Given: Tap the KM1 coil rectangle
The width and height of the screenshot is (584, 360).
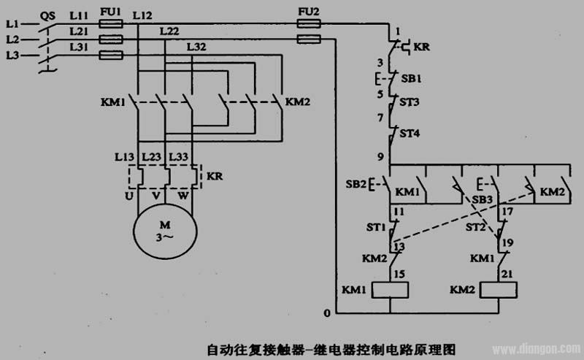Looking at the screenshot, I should tap(390, 290).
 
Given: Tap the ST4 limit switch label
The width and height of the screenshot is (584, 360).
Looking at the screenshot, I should tap(412, 133).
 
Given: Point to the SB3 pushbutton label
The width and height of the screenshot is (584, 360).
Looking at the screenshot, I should tap(483, 199).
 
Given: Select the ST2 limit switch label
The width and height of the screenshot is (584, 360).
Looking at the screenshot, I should tap(476, 228).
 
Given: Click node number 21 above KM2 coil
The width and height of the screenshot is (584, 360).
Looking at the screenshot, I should tap(504, 272).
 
